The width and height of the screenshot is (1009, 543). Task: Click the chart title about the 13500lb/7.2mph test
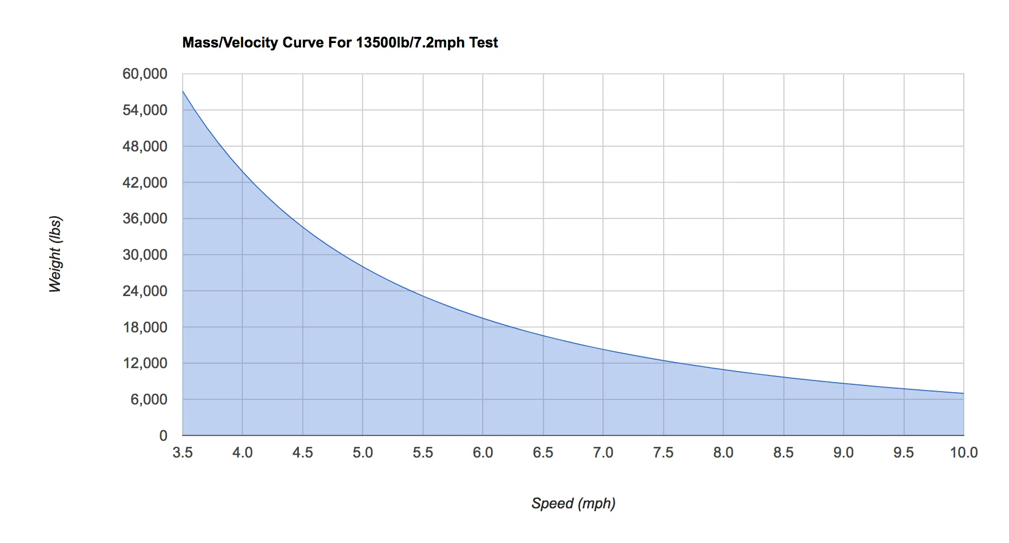pos(340,43)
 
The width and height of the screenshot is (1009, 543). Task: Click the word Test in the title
pos(483,43)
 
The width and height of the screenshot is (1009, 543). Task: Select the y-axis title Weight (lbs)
pos(55,254)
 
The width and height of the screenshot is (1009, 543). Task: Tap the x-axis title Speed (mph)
pos(573,503)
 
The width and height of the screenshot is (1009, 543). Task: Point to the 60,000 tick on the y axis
pos(145,74)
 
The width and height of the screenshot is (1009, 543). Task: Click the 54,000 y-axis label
pos(145,110)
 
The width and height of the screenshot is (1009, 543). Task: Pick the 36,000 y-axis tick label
pos(145,218)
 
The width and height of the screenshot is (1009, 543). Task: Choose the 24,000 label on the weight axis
pos(145,291)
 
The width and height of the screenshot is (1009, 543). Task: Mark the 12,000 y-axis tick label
pos(145,363)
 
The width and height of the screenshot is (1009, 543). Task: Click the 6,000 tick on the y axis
pos(149,399)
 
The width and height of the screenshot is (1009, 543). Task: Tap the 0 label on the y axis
pos(163,436)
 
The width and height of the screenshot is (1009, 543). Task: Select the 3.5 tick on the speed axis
pos(183,453)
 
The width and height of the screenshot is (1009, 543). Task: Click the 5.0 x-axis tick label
pos(363,453)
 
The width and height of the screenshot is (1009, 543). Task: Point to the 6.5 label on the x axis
pos(543,453)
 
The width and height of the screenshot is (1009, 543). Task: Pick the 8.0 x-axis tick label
pos(723,453)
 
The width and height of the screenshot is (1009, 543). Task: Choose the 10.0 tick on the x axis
pos(963,453)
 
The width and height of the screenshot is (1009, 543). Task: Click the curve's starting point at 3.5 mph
pos(183,91)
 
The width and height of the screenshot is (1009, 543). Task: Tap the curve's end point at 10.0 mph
pos(963,393)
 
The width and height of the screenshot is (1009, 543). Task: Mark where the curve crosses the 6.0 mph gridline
pos(483,318)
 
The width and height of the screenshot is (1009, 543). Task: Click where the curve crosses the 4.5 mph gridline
pos(303,227)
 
